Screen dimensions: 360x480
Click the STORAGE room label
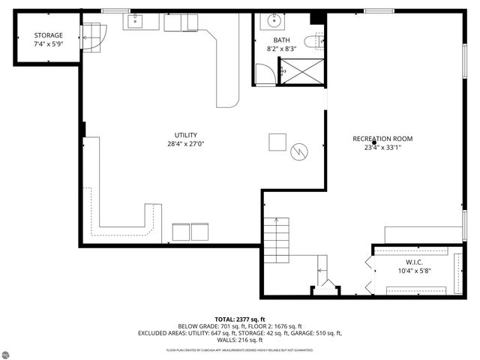pyautogui.click(x=48, y=35)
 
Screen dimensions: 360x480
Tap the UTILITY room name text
pyautogui.click(x=186, y=135)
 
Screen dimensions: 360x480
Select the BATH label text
pyautogui.click(x=281, y=40)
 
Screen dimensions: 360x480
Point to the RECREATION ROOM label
pyautogui.click(x=382, y=139)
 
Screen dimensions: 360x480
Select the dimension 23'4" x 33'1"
pyautogui.click(x=382, y=148)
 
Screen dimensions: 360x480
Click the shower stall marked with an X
pyautogui.click(x=301, y=71)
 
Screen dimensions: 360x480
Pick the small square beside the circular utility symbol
pyautogui.click(x=278, y=142)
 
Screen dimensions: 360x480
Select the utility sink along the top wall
pyautogui.click(x=136, y=21)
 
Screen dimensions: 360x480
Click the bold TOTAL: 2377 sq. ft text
pyautogui.click(x=240, y=319)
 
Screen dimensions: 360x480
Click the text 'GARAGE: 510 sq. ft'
pyautogui.click(x=313, y=333)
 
